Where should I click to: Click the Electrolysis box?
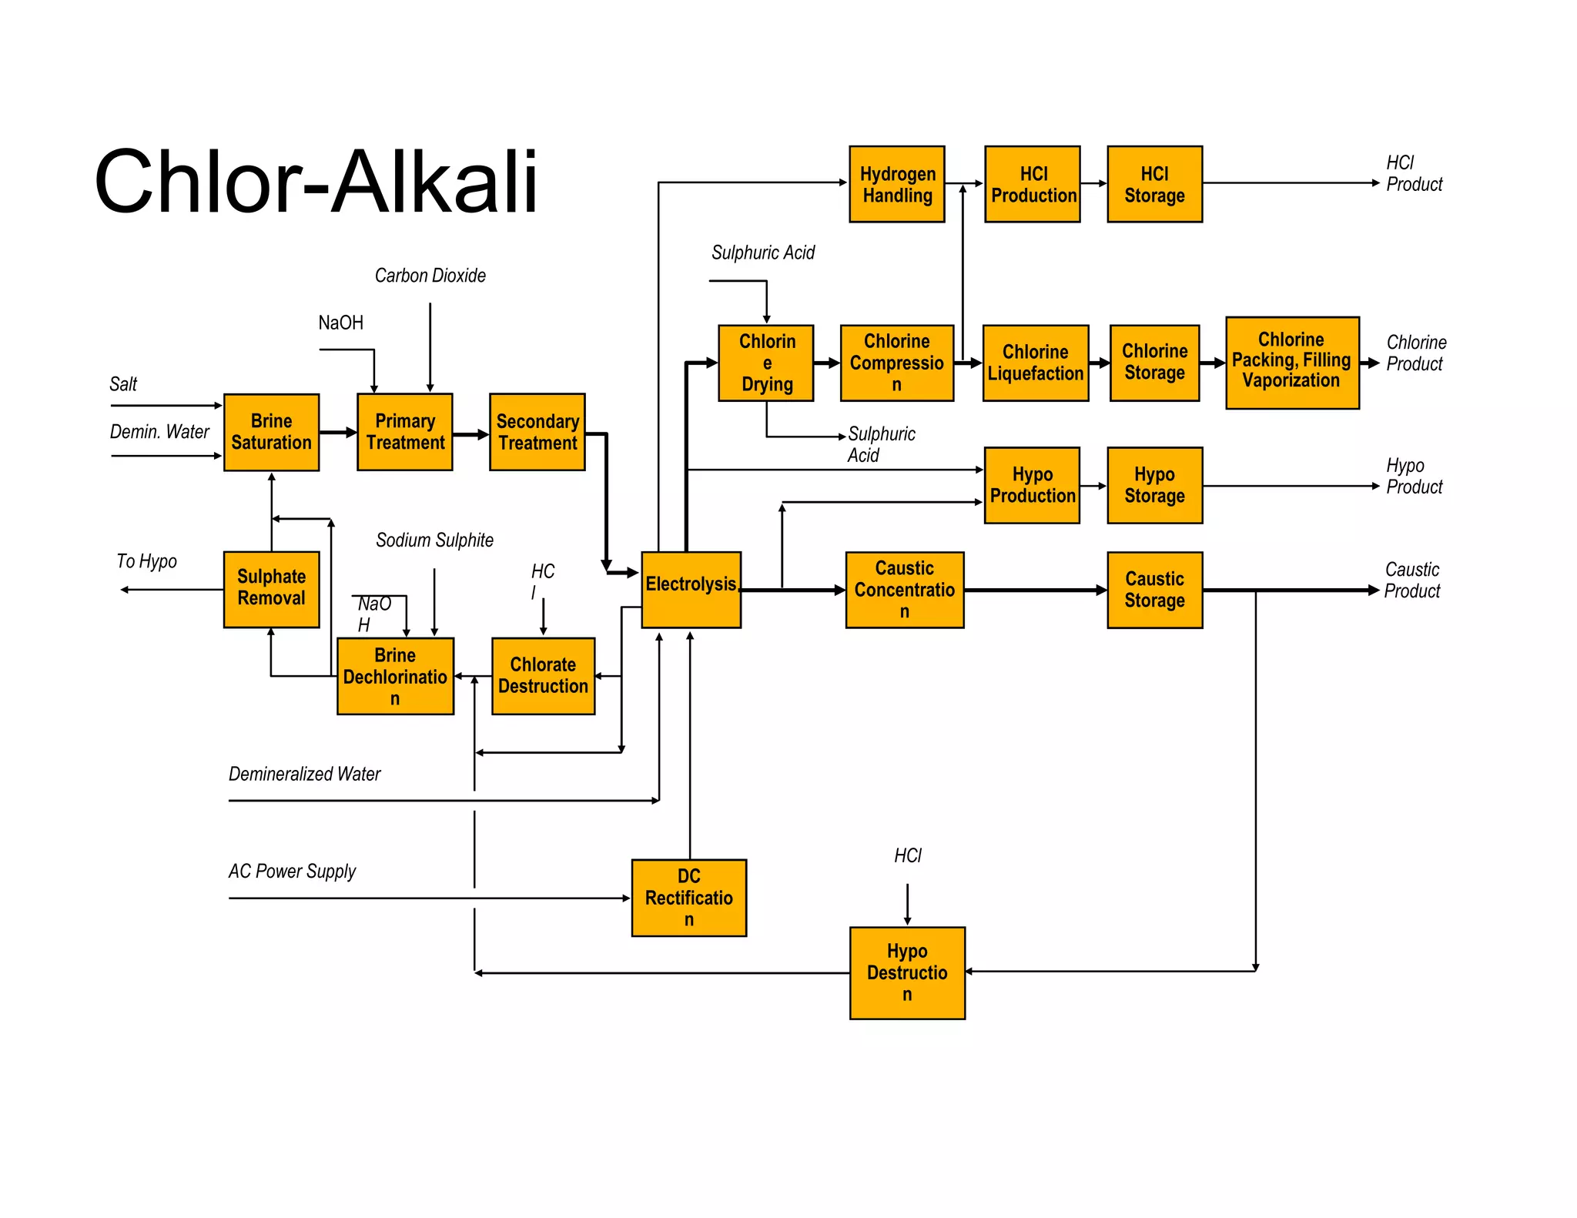(691, 589)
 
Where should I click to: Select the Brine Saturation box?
(271, 432)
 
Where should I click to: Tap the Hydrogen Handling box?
(896, 184)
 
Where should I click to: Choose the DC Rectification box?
(688, 897)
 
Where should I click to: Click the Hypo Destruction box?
(906, 972)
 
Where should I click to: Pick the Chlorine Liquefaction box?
(1035, 363)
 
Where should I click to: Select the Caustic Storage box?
(1154, 590)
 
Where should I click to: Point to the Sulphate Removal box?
(271, 589)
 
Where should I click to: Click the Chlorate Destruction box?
(543, 676)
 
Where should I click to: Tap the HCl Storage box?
(1154, 184)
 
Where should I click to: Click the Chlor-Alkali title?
(316, 182)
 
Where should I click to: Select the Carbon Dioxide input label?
(430, 276)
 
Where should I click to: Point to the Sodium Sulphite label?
(434, 540)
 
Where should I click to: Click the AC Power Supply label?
(292, 872)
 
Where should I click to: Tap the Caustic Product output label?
(1411, 581)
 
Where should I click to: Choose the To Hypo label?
(146, 561)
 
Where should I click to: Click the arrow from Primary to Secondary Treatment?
(470, 434)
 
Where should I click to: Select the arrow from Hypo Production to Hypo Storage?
(1093, 486)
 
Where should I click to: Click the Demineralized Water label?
(304, 775)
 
